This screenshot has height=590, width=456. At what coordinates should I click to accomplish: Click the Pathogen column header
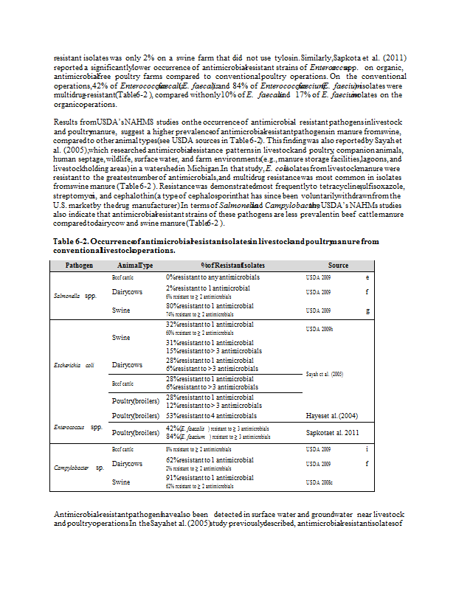coord(79,265)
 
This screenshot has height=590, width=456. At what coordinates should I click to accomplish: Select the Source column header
coord(339,265)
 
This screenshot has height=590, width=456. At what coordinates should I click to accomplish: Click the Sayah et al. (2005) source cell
coord(324,375)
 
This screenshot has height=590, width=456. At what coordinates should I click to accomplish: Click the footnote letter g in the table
coord(367,310)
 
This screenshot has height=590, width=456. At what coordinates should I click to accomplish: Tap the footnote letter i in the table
coord(367,448)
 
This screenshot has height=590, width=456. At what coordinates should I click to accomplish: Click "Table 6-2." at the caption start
coord(71,241)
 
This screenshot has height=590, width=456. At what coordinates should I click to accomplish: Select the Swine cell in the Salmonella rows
coord(121,310)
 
